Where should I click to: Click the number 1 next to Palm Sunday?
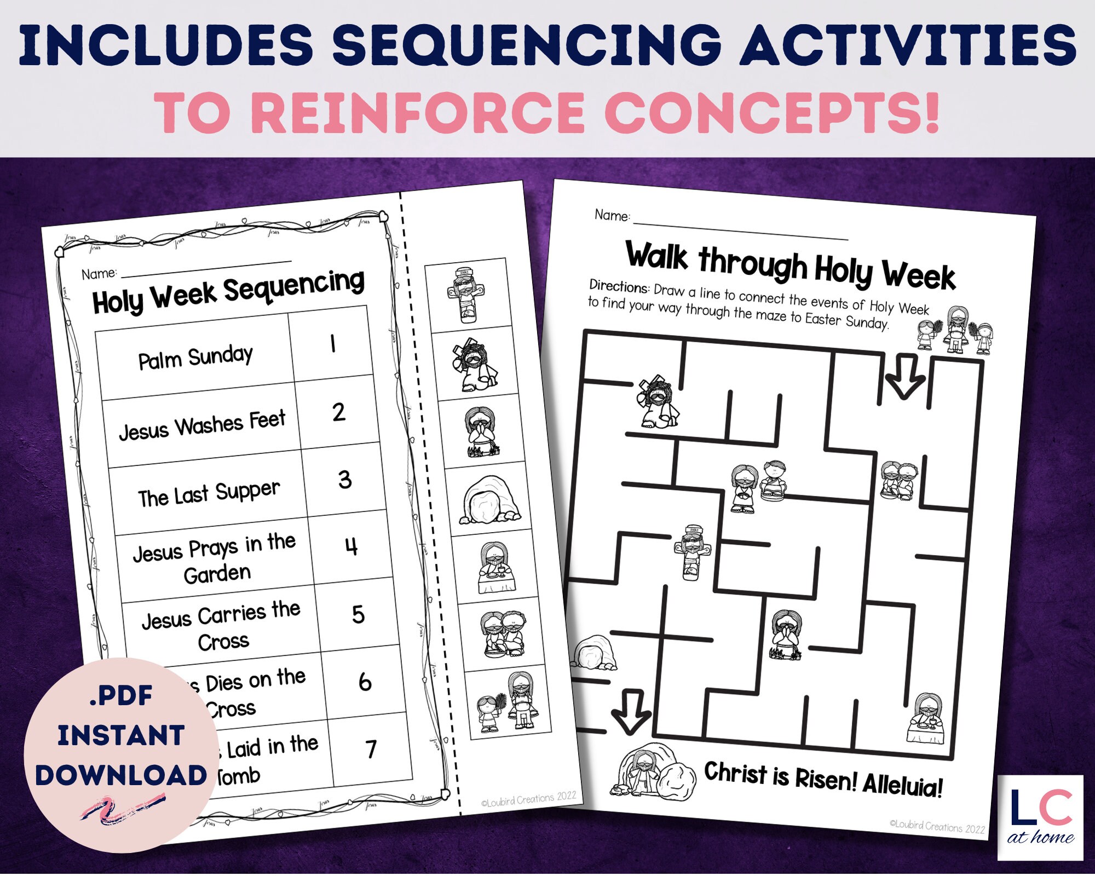(332, 344)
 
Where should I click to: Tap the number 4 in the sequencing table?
(351, 546)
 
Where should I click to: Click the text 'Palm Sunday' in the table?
(195, 358)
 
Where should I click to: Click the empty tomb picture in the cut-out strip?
(490, 500)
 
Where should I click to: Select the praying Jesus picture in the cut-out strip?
(480, 432)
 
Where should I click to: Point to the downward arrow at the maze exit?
(631, 711)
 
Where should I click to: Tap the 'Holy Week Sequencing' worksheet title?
(228, 292)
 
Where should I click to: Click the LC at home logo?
(1040, 816)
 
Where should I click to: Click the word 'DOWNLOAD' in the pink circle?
(121, 775)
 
